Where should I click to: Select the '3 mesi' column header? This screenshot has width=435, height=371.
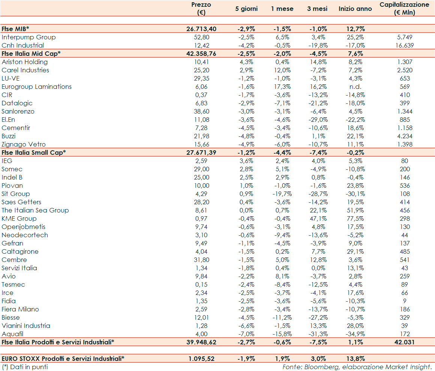[317, 9]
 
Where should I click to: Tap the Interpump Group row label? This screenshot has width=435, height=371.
[28, 37]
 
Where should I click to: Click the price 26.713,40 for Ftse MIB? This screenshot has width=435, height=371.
[201, 29]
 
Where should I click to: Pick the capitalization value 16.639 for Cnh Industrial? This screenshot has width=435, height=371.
[404, 45]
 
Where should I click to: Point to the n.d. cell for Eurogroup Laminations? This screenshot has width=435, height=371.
[355, 87]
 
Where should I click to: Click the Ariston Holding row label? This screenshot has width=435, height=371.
[24, 62]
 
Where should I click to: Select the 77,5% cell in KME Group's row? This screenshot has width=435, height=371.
[355, 218]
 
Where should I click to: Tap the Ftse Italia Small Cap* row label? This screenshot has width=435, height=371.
[34, 153]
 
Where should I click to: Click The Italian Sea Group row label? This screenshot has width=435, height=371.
[35, 210]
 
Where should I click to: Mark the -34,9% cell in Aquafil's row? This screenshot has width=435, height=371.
[354, 334]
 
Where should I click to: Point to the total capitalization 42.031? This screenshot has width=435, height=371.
[404, 342]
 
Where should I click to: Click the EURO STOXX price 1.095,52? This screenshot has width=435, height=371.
[201, 359]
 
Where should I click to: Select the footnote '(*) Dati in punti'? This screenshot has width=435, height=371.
[25, 367]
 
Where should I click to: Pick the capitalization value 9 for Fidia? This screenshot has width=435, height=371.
[405, 301]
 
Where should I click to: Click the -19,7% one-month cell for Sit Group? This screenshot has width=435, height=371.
[282, 194]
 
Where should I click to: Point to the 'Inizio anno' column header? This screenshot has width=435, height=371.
[355, 9]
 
